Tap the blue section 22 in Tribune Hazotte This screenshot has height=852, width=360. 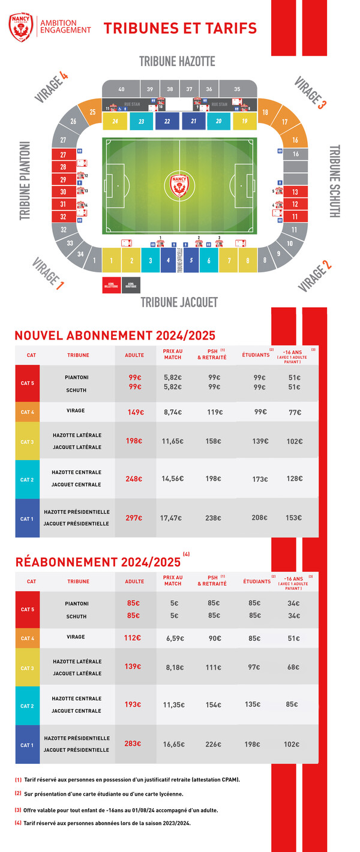tap(167, 121)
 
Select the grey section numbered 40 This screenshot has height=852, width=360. tap(121, 89)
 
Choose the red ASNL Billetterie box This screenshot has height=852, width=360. tap(111, 285)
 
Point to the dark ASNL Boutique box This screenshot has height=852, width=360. tap(131, 285)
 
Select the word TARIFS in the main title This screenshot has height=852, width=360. tap(227, 28)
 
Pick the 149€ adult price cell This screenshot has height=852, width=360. tap(136, 412)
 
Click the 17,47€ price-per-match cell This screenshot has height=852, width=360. tap(172, 518)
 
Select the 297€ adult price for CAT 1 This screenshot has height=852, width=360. tap(135, 518)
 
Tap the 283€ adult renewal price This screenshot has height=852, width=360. tap(133, 743)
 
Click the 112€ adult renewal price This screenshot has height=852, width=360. tap(133, 638)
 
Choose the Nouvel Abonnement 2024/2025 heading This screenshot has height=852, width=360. tap(115, 335)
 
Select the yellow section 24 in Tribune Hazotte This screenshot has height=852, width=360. tap(115, 121)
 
